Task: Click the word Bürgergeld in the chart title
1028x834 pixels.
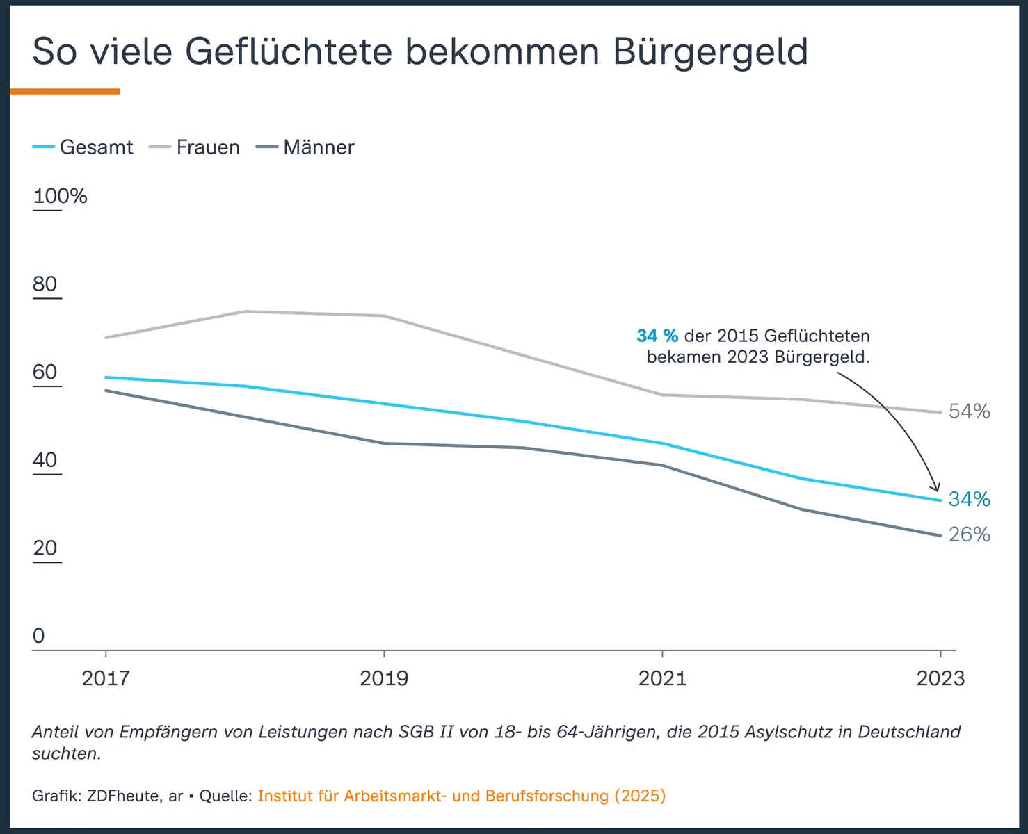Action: [710, 52]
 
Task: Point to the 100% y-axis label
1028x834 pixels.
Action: [61, 197]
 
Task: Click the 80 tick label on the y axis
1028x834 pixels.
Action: [45, 284]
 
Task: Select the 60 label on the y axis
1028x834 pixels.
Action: [45, 373]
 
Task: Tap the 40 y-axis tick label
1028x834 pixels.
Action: [45, 460]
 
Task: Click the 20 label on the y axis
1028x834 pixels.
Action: [45, 548]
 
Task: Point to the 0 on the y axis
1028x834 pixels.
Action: [39, 636]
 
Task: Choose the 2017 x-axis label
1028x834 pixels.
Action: [106, 678]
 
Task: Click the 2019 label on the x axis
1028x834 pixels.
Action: [384, 678]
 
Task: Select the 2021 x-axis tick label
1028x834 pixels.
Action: [662, 678]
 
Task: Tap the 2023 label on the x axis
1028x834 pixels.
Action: [940, 678]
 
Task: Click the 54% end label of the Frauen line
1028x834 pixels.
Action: [970, 411]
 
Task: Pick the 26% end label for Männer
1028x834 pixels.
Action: [970, 534]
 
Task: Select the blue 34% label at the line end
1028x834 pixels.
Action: [970, 499]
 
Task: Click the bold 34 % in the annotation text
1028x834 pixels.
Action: [657, 336]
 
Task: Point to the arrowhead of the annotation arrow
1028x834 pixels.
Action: [936, 489]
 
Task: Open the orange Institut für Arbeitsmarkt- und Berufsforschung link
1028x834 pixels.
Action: [461, 796]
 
